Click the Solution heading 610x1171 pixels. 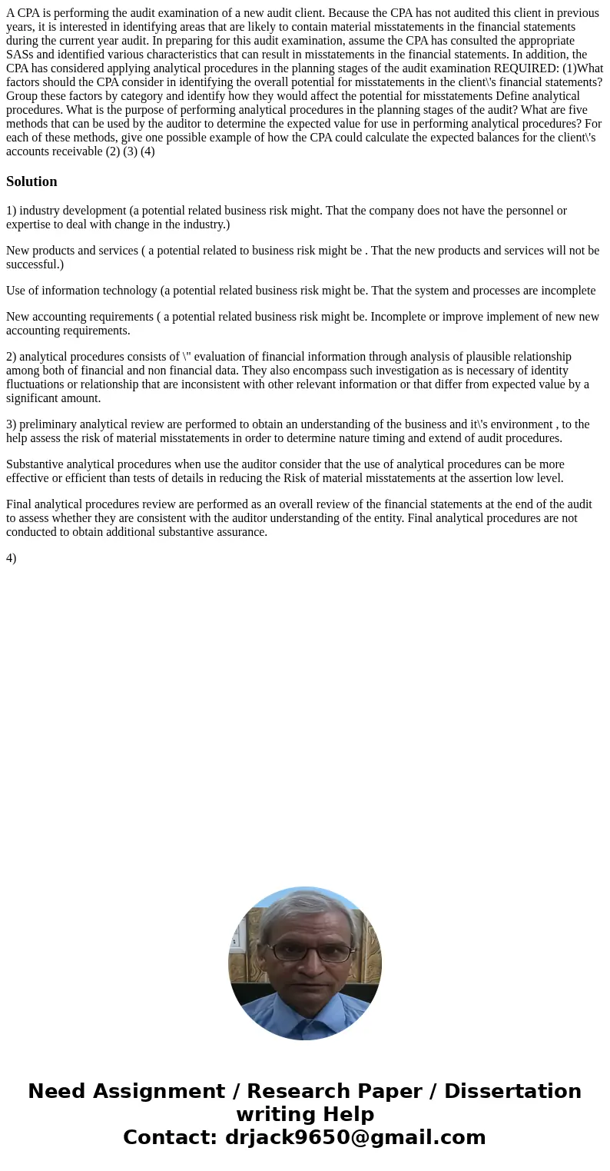tap(31, 181)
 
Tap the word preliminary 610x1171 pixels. tap(50, 424)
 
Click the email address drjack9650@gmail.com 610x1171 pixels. tap(355, 1137)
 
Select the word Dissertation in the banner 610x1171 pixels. tap(512, 1091)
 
